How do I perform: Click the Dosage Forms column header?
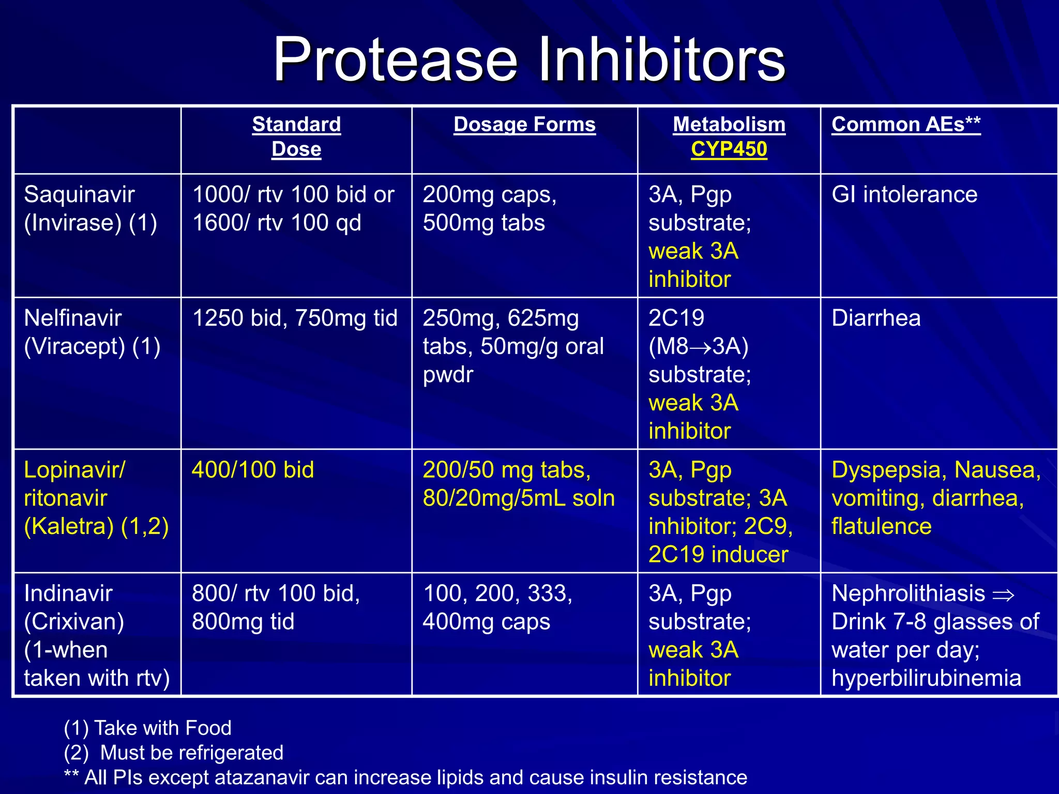click(524, 125)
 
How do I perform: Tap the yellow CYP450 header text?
click(729, 149)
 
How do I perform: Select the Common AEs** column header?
click(905, 125)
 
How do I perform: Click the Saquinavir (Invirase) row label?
click(90, 208)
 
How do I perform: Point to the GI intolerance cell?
click(904, 195)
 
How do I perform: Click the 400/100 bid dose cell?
click(253, 470)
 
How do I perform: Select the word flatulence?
click(881, 527)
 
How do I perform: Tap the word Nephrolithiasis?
click(908, 593)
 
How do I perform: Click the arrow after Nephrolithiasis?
click(1003, 595)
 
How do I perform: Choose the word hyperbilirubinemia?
click(926, 678)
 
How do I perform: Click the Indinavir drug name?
click(68, 593)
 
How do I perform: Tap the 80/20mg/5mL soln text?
click(519, 498)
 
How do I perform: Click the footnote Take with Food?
click(162, 728)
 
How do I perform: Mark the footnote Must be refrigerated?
click(191, 753)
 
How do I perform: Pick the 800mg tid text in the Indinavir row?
click(243, 622)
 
